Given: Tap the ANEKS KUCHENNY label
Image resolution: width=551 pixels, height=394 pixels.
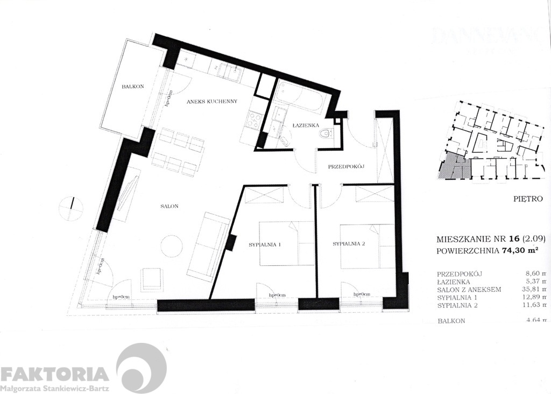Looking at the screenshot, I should (212, 101).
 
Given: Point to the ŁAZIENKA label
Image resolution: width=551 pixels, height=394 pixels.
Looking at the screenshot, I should (305, 125).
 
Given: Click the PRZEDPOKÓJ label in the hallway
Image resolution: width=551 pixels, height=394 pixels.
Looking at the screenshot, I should (347, 167).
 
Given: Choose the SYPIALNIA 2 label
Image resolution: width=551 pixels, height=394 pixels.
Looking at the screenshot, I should (349, 244).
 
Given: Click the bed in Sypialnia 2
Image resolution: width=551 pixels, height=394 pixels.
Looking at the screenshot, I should (366, 246).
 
